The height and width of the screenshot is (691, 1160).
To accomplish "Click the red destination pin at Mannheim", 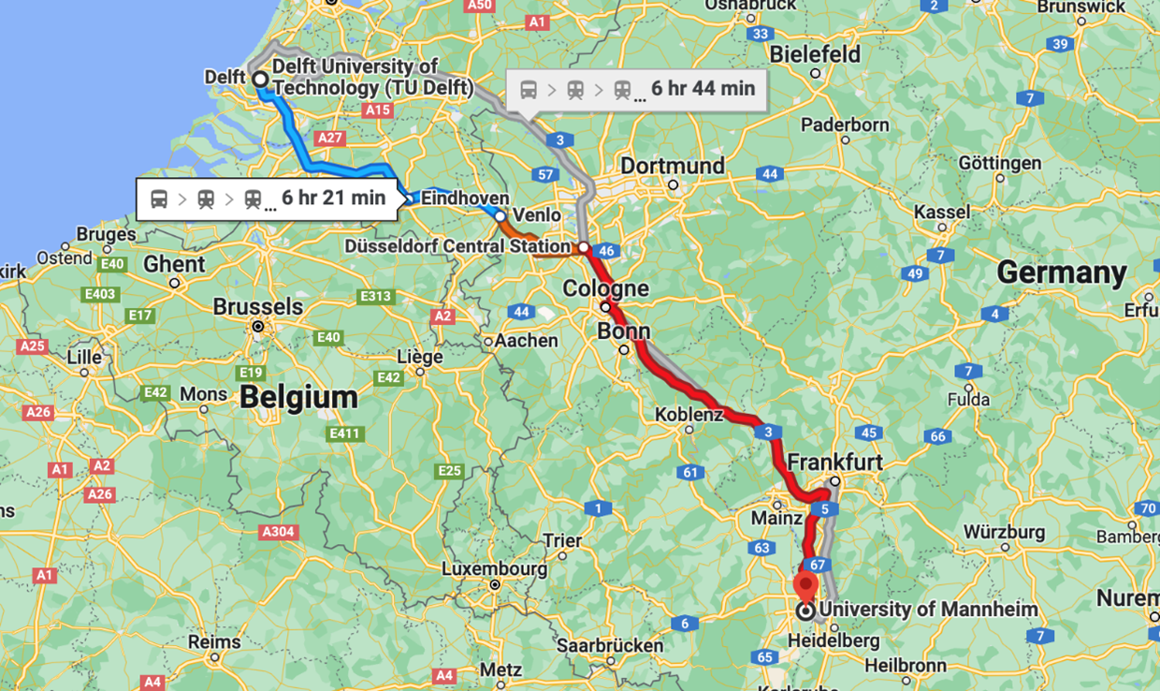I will click(x=805, y=587).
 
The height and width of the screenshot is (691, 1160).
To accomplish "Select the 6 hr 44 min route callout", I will click(x=637, y=89).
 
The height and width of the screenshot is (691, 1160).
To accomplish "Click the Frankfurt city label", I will click(x=834, y=463).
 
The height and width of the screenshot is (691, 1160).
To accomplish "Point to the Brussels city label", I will click(x=258, y=307).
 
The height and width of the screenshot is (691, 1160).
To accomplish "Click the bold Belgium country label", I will click(x=298, y=397).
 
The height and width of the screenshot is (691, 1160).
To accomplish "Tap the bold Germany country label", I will click(x=1061, y=272).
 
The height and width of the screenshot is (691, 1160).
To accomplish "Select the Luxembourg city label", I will click(x=494, y=568).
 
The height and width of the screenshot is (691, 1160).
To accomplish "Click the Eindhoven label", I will click(x=465, y=198).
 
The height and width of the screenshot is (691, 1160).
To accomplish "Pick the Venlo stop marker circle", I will click(x=500, y=216).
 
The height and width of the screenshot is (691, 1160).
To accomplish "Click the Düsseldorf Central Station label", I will click(x=457, y=247).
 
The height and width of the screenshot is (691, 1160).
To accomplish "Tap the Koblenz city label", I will click(x=689, y=414).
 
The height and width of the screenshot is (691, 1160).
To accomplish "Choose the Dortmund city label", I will click(x=673, y=166).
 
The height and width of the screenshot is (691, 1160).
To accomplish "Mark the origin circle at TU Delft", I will click(x=260, y=80).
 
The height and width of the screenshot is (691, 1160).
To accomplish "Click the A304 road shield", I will click(x=278, y=532).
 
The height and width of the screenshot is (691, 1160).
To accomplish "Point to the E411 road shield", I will click(x=345, y=434).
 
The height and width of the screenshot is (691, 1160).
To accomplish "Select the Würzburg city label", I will click(x=1004, y=532).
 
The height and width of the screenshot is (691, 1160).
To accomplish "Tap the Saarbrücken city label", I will click(x=609, y=645).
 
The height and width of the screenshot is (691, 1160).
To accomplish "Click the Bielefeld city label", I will click(x=815, y=54).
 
